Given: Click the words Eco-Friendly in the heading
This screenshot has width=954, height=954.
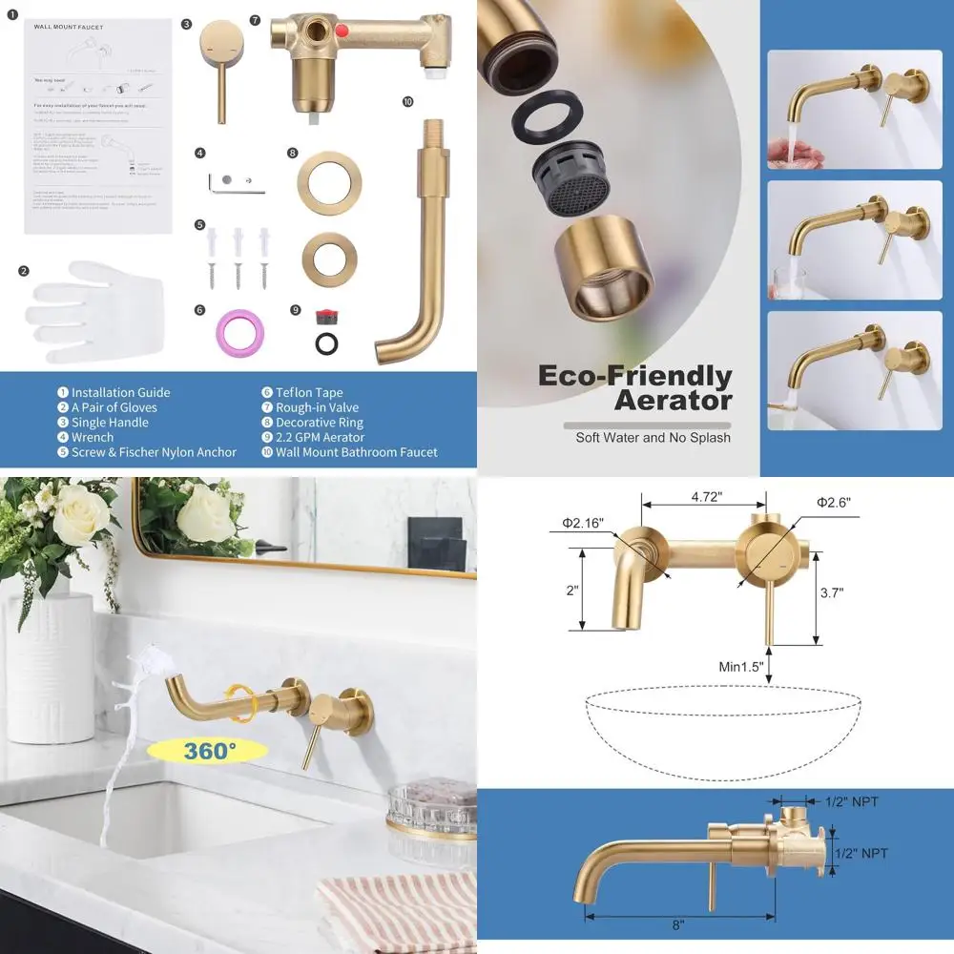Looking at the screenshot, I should point(634,375).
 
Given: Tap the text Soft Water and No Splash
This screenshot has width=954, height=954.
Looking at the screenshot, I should point(653,438).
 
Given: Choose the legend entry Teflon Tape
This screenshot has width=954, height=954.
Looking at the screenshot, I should point(308,392).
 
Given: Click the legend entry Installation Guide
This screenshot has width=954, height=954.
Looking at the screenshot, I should point(120,392).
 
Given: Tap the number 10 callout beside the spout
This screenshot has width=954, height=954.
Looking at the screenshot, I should point(407,101).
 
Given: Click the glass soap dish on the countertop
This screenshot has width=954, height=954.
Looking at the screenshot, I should point(431,807).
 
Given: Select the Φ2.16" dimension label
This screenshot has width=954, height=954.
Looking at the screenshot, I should point(582,523).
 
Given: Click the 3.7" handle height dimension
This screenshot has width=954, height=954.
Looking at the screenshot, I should point(831,592).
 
